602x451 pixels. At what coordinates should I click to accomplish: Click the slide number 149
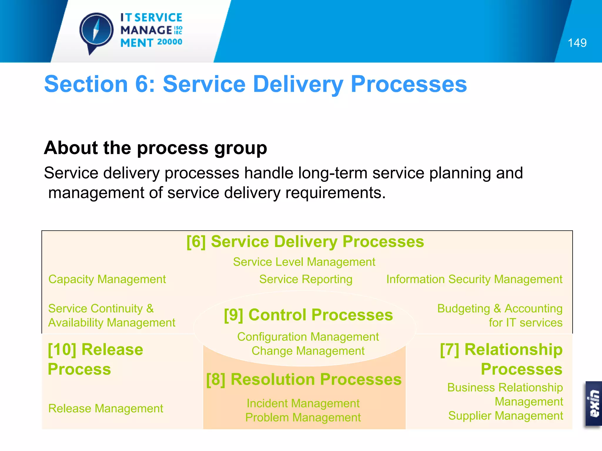pyautogui.click(x=577, y=43)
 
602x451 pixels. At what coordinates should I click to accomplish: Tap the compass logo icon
pyautogui.click(x=96, y=31)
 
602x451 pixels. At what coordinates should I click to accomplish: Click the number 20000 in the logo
pyautogui.click(x=170, y=42)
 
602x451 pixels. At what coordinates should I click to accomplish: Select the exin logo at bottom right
pyautogui.click(x=593, y=404)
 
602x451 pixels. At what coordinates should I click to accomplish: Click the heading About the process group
pyautogui.click(x=155, y=148)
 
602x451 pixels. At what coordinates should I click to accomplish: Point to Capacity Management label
pyautogui.click(x=107, y=279)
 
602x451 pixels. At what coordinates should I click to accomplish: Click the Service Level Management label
pyautogui.click(x=304, y=262)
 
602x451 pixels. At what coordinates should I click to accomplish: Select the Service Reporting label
pyautogui.click(x=305, y=279)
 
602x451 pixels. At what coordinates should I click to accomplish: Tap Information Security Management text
pyautogui.click(x=474, y=279)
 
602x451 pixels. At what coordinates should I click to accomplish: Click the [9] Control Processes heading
pyautogui.click(x=308, y=315)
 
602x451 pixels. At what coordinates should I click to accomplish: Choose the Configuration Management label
pyautogui.click(x=308, y=337)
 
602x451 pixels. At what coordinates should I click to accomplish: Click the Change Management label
pyautogui.click(x=308, y=351)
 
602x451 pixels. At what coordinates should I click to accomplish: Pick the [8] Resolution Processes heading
pyautogui.click(x=304, y=379)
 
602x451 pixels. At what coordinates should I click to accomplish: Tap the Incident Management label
pyautogui.click(x=303, y=403)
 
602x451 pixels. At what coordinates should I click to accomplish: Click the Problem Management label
pyautogui.click(x=303, y=418)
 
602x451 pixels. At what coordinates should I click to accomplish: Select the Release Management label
pyautogui.click(x=106, y=408)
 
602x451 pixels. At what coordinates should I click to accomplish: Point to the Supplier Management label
pyautogui.click(x=505, y=416)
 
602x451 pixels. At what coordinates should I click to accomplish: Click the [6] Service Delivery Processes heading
pyautogui.click(x=305, y=242)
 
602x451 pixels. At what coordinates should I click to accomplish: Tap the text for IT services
pyautogui.click(x=525, y=323)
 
